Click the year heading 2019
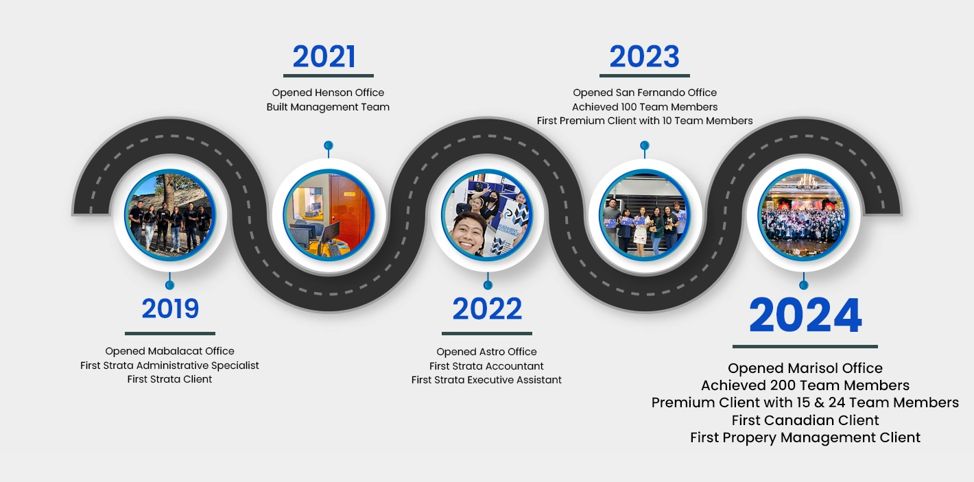click(x=170, y=309)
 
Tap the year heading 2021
click(x=324, y=57)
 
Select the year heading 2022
click(x=487, y=309)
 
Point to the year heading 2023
click(x=644, y=57)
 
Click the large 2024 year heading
click(x=805, y=315)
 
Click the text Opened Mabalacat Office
click(x=169, y=351)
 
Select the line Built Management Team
click(x=328, y=107)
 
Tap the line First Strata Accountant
click(x=486, y=366)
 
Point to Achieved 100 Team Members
click(x=645, y=107)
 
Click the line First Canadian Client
click(x=805, y=420)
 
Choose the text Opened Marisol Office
click(x=805, y=368)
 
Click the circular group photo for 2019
click(x=170, y=215)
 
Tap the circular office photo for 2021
click(x=329, y=215)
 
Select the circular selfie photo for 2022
click(x=487, y=215)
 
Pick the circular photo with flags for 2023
click(x=645, y=215)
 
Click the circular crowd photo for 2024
click(x=804, y=215)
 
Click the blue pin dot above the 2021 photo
click(x=329, y=145)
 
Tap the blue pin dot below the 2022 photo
click(x=488, y=285)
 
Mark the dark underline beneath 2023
click(x=644, y=75)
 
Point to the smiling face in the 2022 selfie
click(x=468, y=233)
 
